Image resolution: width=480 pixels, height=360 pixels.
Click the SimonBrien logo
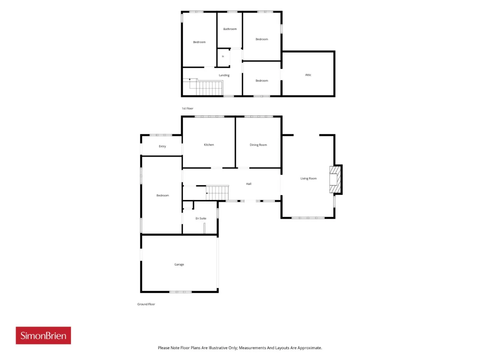click(x=43, y=335)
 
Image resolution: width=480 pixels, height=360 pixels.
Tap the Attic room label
click(x=308, y=75)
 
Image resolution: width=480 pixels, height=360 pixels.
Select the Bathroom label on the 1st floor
click(x=230, y=29)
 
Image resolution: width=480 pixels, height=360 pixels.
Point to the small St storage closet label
click(x=223, y=56)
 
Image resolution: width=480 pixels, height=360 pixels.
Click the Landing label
click(x=224, y=75)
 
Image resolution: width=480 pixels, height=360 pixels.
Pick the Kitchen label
click(x=208, y=145)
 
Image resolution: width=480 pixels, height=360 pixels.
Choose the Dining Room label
click(x=258, y=145)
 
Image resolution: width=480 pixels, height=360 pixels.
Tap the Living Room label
click(x=308, y=178)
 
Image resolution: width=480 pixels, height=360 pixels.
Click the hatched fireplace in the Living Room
click(x=335, y=180)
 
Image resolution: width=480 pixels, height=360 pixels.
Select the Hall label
click(x=249, y=184)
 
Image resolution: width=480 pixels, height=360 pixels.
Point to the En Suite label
click(x=201, y=218)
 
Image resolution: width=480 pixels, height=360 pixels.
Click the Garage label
click(x=179, y=264)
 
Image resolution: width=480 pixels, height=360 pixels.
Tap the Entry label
click(x=162, y=146)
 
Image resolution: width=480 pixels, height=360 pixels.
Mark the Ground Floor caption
click(x=146, y=304)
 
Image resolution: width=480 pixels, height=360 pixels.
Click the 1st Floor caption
click(x=187, y=108)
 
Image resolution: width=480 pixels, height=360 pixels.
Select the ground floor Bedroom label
click(x=162, y=195)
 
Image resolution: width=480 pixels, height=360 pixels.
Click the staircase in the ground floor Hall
click(x=217, y=193)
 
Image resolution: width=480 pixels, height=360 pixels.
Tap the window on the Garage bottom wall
click(x=180, y=292)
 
